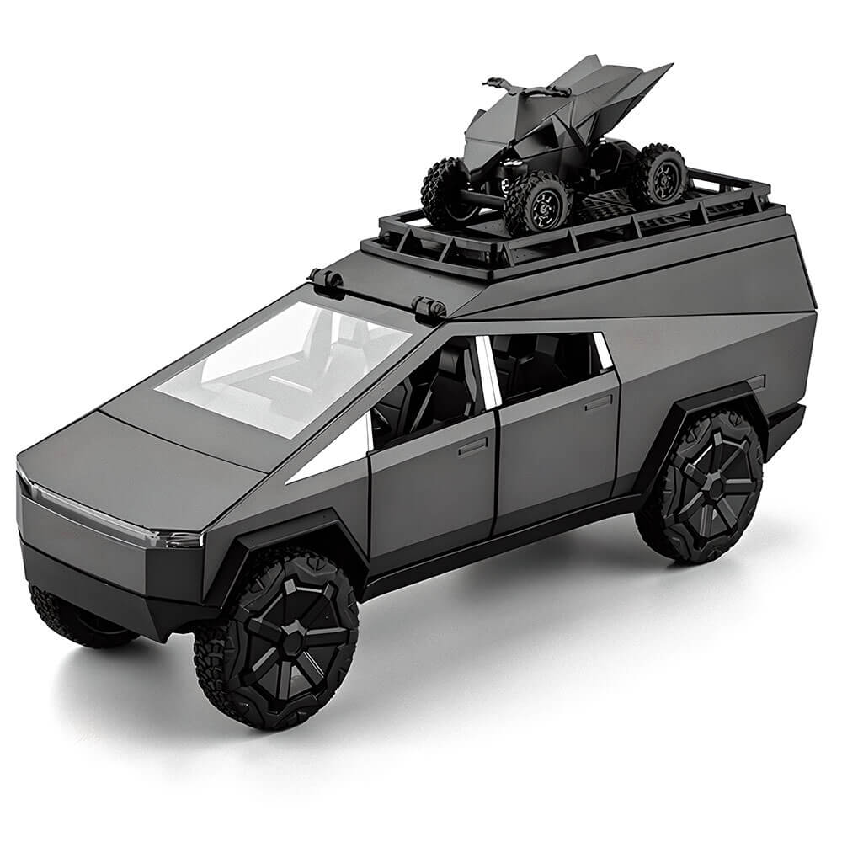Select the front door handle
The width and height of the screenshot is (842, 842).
click(472, 445)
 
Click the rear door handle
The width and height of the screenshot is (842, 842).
click(598, 402)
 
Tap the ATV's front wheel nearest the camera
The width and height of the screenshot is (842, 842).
click(537, 203)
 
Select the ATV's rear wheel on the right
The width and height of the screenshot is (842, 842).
click(657, 175)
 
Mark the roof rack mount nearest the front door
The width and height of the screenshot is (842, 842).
click(429, 307)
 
